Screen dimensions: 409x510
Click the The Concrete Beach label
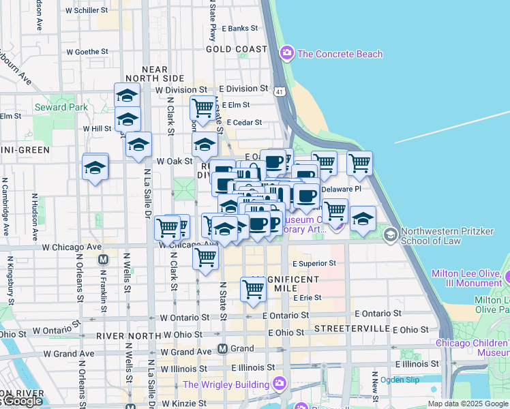(x=340, y=54)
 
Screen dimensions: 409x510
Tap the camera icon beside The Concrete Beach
(x=287, y=53)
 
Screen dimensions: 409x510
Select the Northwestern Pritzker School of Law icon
(x=391, y=235)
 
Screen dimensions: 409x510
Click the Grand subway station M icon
(x=222, y=348)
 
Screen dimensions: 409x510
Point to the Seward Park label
(x=61, y=107)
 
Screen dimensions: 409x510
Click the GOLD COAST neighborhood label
(x=237, y=50)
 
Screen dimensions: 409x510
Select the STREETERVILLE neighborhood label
(x=350, y=329)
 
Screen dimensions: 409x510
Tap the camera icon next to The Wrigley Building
(x=277, y=384)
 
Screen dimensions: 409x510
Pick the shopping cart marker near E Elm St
(x=202, y=108)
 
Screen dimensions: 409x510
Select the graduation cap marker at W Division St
(x=127, y=95)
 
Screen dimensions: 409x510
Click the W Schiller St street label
(x=87, y=11)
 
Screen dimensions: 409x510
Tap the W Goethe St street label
(x=87, y=51)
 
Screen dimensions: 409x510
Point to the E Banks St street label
(x=243, y=29)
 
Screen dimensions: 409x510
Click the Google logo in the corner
(x=22, y=402)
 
